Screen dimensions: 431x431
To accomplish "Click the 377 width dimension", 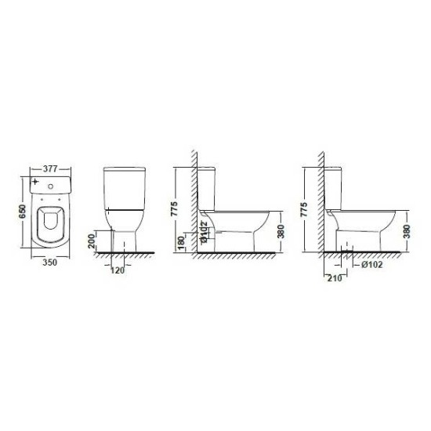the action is [x=50, y=168].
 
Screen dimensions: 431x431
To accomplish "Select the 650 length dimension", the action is [x=22, y=212].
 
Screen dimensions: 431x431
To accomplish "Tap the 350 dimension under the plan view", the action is [x=49, y=263].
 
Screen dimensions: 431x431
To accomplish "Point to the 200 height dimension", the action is [x=91, y=241].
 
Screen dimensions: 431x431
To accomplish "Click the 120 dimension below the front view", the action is [x=118, y=270].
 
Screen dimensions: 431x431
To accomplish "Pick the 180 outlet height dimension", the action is [x=182, y=243].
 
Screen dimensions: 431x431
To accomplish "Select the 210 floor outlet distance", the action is [x=335, y=278].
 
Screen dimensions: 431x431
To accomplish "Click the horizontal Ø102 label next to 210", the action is [x=372, y=265].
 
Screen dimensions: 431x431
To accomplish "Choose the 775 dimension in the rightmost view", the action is [x=304, y=210].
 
